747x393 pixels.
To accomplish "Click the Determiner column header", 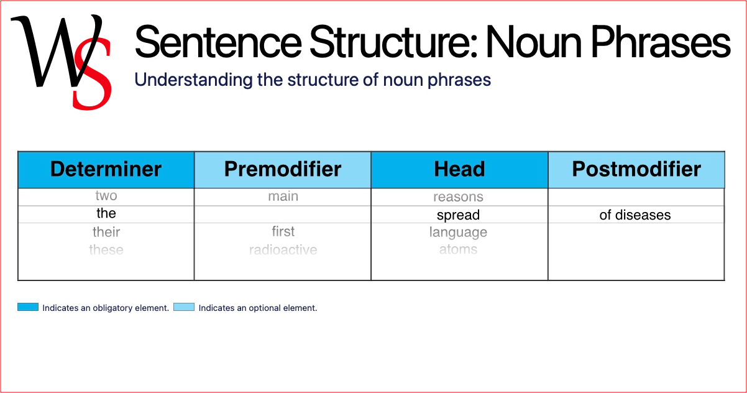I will tap(106, 169).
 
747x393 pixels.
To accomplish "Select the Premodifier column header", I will tap(283, 169).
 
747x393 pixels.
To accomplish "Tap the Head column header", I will tap(459, 169).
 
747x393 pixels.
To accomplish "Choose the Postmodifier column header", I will tap(636, 169).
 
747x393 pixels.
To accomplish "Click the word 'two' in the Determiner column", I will tap(106, 196).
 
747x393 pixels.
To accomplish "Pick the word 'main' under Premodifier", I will tap(283, 196).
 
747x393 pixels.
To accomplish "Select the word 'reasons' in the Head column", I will tap(458, 197).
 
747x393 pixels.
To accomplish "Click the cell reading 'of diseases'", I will tap(635, 215).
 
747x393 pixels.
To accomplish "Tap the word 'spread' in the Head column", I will tap(458, 215).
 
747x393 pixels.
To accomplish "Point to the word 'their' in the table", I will tap(106, 232).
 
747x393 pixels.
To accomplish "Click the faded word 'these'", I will tap(106, 250).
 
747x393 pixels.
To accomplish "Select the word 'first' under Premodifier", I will tap(283, 231).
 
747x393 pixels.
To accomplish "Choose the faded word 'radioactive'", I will tap(283, 250).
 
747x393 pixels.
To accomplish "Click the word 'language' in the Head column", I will tap(458, 233).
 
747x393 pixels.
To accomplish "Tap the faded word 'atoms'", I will tap(458, 250).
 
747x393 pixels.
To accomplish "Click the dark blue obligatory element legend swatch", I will tap(28, 307).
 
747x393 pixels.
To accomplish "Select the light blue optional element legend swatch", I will tap(184, 307).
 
